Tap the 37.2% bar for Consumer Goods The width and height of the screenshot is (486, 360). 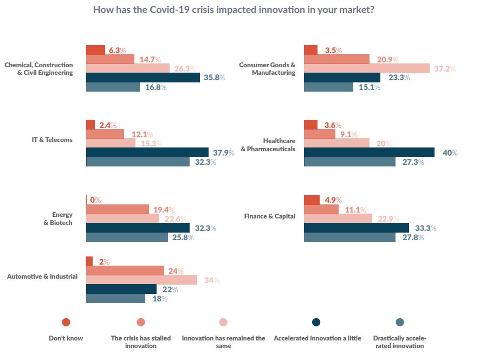click(367, 68)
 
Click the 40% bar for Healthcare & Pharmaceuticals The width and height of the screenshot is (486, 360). click(369, 152)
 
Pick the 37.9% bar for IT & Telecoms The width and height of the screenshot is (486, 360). click(147, 152)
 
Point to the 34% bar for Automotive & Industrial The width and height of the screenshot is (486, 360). click(141, 280)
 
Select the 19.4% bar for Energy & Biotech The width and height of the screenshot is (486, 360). click(118, 209)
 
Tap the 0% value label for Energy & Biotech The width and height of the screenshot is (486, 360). click(96, 200)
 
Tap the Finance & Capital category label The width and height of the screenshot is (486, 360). click(270, 216)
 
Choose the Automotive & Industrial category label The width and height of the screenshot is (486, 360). click(42, 277)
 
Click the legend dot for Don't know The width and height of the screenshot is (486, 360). click(66, 322)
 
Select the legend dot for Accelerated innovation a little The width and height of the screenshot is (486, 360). click(316, 322)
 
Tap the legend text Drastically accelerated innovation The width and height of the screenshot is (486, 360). click(399, 342)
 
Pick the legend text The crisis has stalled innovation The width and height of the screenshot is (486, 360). click(141, 342)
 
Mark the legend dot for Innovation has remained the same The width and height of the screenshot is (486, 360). click(223, 322)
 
